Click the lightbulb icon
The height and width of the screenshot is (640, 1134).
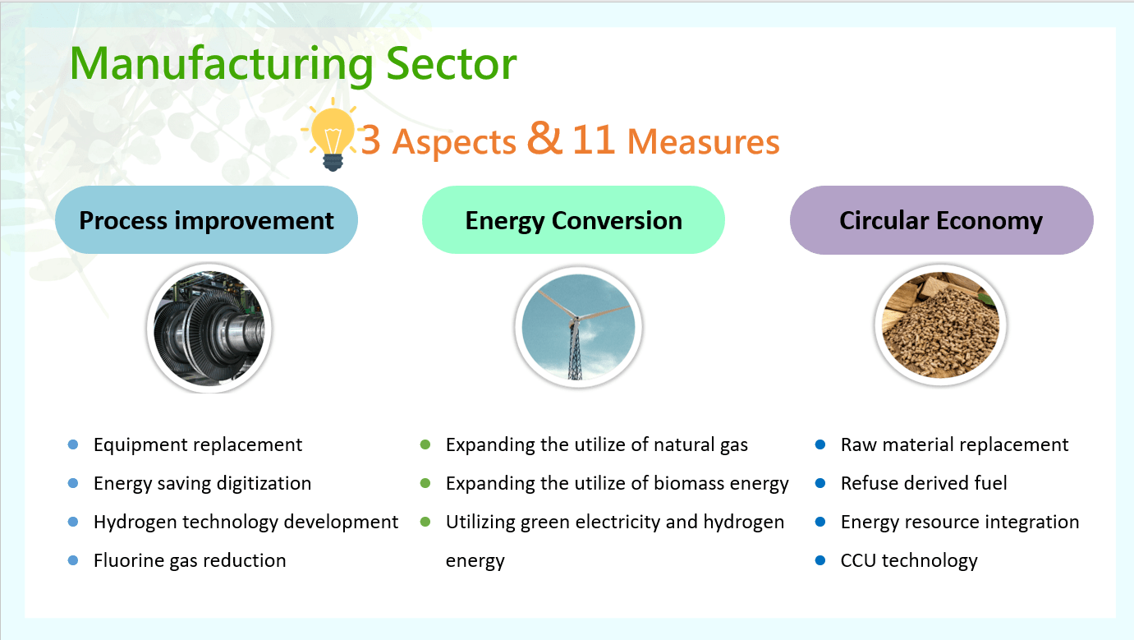[333, 135]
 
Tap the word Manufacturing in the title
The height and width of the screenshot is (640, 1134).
[221, 65]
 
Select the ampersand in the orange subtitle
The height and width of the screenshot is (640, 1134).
[544, 137]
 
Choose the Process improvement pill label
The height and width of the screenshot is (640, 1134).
[207, 220]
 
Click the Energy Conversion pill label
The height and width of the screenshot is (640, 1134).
[574, 220]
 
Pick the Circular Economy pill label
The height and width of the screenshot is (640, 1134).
[942, 220]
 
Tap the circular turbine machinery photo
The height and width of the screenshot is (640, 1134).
[209, 328]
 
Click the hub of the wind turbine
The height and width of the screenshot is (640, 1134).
[576, 318]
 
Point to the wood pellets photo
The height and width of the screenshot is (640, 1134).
[940, 325]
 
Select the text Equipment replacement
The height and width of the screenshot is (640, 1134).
[198, 445]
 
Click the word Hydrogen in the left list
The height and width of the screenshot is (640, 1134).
[135, 523]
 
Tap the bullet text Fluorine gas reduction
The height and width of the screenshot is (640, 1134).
[190, 560]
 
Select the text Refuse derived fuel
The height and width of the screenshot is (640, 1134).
[924, 483]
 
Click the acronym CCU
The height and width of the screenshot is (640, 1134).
[858, 560]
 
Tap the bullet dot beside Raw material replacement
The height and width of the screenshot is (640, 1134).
[820, 444]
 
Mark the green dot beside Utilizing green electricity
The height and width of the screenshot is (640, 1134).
[425, 522]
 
